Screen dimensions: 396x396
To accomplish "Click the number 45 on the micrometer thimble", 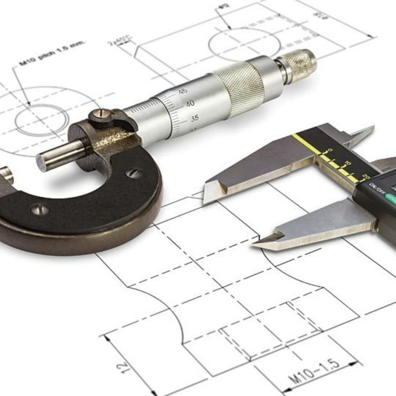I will (183, 91).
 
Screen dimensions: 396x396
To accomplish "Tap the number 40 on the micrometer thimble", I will (190, 104).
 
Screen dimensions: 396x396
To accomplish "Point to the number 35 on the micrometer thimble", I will (195, 118).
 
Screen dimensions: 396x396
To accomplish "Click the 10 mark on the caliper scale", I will (348, 163).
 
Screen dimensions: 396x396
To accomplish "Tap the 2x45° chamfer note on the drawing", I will (120, 40).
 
